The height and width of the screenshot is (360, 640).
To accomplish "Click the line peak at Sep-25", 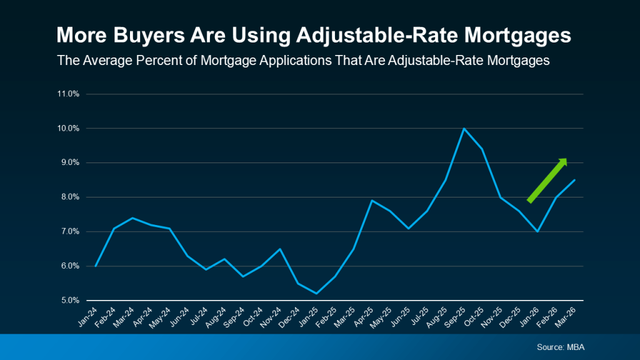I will (464, 129).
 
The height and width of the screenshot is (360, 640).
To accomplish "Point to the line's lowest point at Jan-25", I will (317, 293).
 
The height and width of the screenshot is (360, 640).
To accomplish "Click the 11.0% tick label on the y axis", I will (69, 94).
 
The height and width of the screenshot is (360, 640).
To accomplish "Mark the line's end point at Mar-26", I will (574, 180).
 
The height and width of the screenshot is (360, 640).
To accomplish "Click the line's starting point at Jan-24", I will (96, 266).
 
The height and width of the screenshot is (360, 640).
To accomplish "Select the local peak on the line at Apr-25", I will (372, 201).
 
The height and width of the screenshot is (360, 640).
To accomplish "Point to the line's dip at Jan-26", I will (537, 232).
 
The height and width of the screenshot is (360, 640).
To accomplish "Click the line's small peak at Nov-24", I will (280, 249).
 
